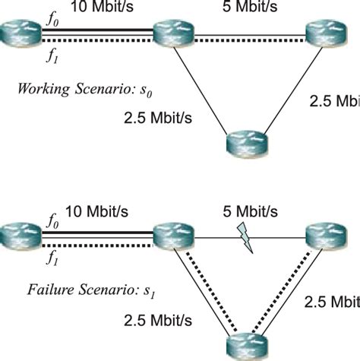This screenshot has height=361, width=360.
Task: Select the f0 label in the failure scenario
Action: pos(51,223)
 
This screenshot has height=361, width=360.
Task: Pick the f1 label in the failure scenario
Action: pos(51,258)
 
